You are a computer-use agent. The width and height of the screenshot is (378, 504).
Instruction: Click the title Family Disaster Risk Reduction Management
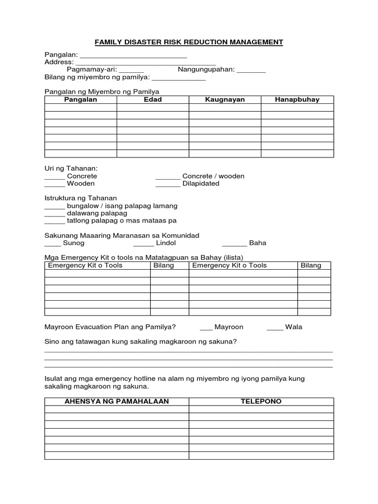click(189, 42)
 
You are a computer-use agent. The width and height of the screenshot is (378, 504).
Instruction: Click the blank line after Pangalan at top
click(133, 55)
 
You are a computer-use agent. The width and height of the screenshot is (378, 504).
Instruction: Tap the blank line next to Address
click(145, 63)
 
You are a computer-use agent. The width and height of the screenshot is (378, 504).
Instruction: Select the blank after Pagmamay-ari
click(131, 70)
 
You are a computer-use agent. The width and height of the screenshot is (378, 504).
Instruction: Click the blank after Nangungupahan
click(251, 70)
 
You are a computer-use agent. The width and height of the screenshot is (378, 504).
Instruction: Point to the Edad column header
click(153, 99)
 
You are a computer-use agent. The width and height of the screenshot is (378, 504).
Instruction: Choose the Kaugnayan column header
click(225, 99)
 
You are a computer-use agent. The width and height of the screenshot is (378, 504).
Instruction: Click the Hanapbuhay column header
click(297, 99)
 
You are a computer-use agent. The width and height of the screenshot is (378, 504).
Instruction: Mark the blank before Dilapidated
click(168, 184)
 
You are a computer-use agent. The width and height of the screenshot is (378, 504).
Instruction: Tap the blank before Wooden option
click(55, 184)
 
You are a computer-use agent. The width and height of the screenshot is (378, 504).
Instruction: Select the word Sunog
click(74, 243)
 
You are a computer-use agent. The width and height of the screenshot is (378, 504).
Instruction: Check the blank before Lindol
click(143, 244)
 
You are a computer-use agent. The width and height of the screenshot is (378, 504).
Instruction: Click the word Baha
click(257, 243)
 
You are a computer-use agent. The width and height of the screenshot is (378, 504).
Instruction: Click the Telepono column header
click(261, 402)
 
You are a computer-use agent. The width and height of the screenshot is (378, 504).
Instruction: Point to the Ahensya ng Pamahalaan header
click(117, 402)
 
